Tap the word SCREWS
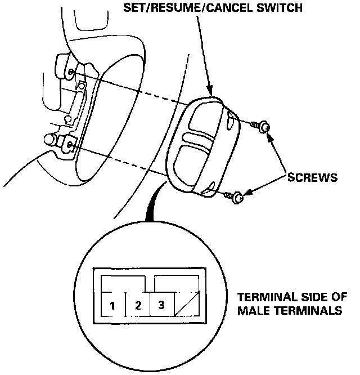tap(312, 177)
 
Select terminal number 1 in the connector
tap(113, 306)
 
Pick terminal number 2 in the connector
tap(138, 306)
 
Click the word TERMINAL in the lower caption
tap(263, 297)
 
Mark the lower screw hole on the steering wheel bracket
tap(69, 145)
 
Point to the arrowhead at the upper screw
tap(269, 134)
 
